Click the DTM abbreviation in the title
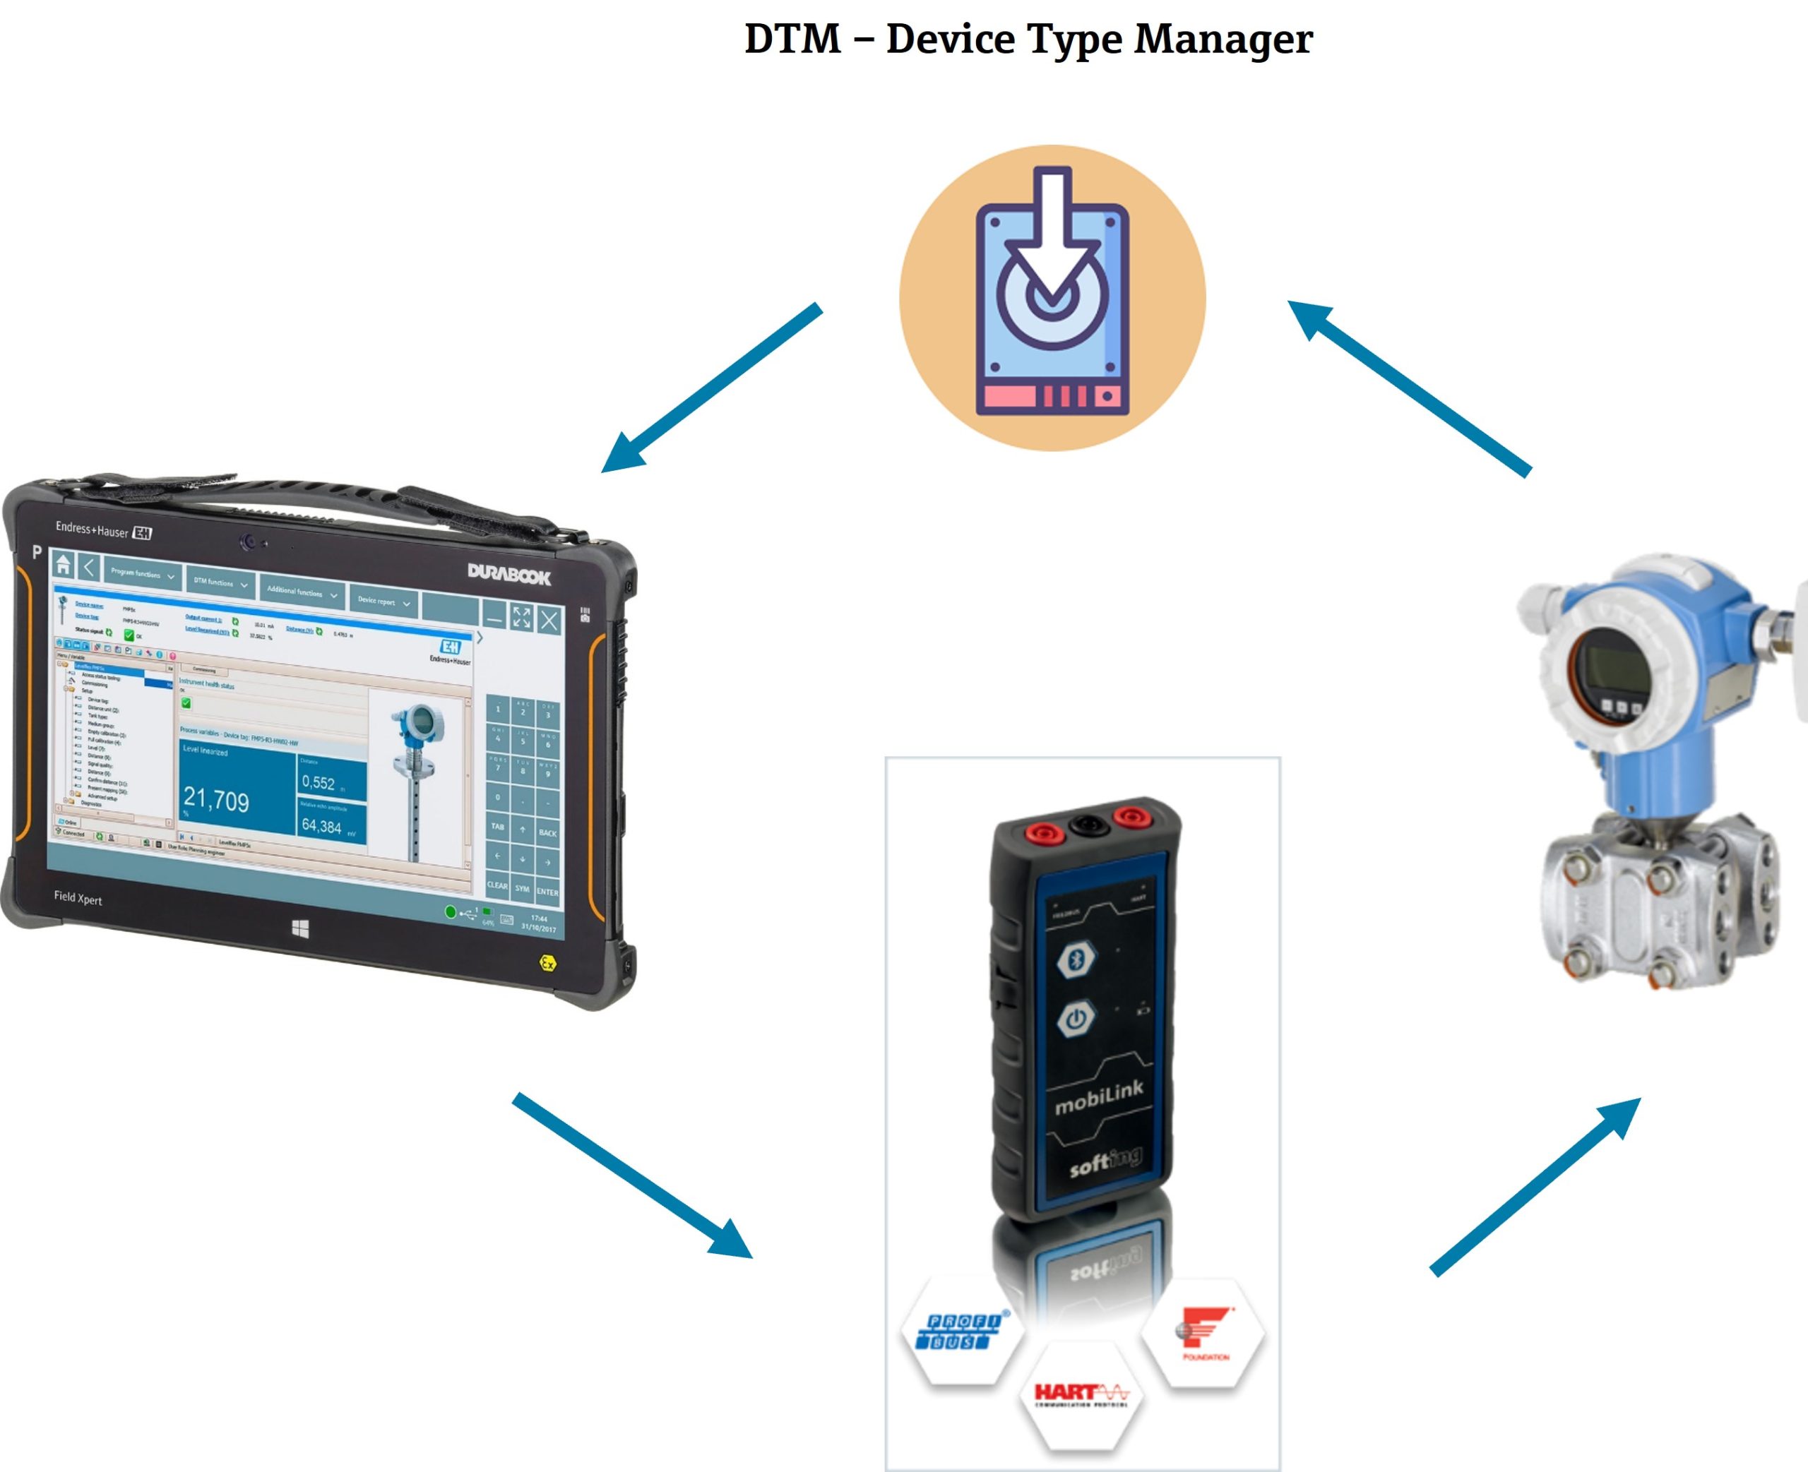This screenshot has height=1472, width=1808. [x=792, y=39]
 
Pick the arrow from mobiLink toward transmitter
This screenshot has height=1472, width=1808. [x=1535, y=1187]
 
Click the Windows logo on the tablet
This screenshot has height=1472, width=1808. [x=300, y=928]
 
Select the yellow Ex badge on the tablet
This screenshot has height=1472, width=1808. [x=548, y=963]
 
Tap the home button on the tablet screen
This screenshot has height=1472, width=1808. [x=63, y=564]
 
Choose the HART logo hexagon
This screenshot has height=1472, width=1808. [x=1081, y=1395]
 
